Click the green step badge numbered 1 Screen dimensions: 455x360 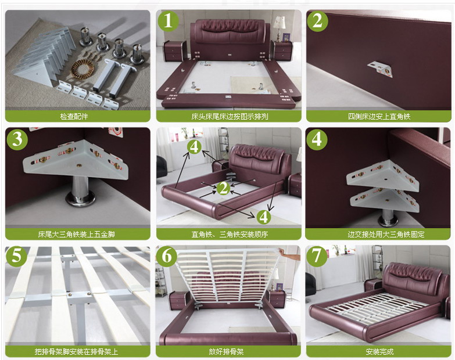pos(169,21)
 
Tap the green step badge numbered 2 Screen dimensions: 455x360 pos(317,21)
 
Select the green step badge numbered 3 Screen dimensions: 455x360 pos(17,139)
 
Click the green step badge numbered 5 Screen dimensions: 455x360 pos(16,257)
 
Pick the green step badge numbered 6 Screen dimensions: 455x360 pos(167,257)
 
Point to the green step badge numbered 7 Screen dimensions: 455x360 pos(317,257)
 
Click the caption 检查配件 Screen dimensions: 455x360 pos(74,117)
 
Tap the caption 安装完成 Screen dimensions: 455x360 pos(379,352)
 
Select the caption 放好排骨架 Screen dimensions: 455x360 pos(226,352)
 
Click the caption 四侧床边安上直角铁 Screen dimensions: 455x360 pos(379,117)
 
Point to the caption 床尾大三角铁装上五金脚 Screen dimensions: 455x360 pos(76,234)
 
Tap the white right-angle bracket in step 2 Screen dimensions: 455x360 pos(381,69)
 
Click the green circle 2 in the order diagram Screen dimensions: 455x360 pos(223,188)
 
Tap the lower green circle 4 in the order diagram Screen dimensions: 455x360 pos(263,217)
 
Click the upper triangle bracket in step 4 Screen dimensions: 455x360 pos(383,177)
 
